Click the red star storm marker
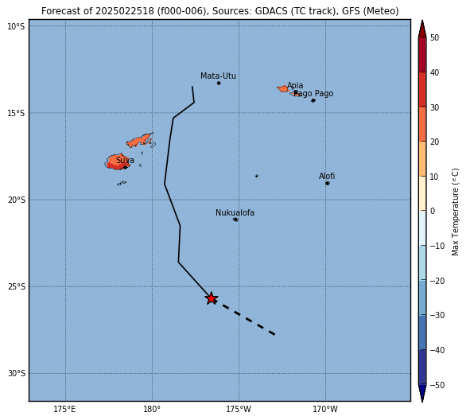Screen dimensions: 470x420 click(212, 298)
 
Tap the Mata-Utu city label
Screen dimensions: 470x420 click(218, 76)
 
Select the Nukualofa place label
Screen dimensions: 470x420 click(235, 213)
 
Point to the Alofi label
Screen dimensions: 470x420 click(327, 177)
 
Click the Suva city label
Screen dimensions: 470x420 click(125, 161)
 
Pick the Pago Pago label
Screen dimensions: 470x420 click(313, 94)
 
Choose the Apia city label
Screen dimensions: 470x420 click(295, 86)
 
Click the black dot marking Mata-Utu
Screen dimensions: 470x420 click(219, 83)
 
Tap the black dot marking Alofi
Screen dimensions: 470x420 click(328, 183)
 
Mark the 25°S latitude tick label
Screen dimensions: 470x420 click(17, 287)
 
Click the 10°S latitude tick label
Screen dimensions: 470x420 click(16, 27)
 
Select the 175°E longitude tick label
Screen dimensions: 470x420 click(64, 409)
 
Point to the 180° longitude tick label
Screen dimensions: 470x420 click(152, 409)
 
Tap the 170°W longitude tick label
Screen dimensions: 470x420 click(325, 409)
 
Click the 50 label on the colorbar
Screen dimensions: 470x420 click(435, 37)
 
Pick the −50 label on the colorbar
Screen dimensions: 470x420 click(437, 385)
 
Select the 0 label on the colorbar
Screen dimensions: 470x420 click(433, 211)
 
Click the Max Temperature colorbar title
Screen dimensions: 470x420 click(455, 212)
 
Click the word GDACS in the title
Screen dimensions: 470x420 click(269, 11)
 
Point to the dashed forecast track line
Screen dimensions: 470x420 click(243, 317)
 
